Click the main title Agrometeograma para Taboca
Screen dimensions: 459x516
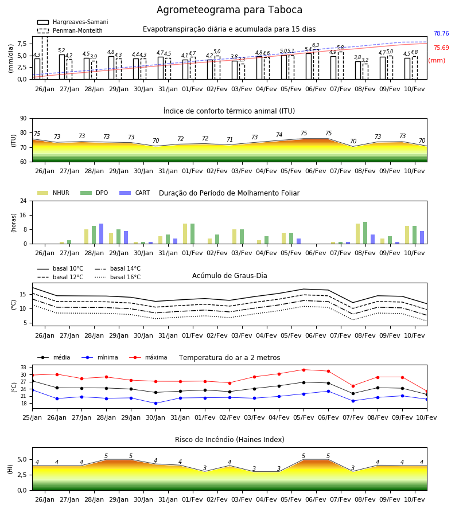point(229,10)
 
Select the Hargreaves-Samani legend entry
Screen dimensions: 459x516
point(72,22)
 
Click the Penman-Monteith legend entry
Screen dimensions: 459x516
point(70,30)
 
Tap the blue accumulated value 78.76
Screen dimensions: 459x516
point(441,34)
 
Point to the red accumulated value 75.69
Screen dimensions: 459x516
point(441,48)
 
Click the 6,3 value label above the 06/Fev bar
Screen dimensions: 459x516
point(316,45)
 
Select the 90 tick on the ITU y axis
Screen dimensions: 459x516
point(24,119)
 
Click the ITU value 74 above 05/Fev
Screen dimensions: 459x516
point(279,135)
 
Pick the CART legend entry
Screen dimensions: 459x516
point(134,193)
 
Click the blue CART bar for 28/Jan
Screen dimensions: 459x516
point(102,234)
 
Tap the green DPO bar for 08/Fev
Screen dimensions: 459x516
point(365,233)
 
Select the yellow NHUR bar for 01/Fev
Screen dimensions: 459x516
point(185,234)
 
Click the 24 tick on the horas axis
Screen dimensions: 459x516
point(24,201)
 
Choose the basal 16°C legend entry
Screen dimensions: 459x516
point(118,277)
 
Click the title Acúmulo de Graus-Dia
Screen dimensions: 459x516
point(229,276)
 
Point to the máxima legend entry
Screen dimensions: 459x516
point(148,357)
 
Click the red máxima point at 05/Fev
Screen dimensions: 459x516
point(304,370)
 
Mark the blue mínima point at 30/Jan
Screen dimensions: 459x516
point(155,403)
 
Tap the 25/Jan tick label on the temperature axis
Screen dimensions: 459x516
point(32,417)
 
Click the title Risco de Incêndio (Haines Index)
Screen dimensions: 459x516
point(229,440)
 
